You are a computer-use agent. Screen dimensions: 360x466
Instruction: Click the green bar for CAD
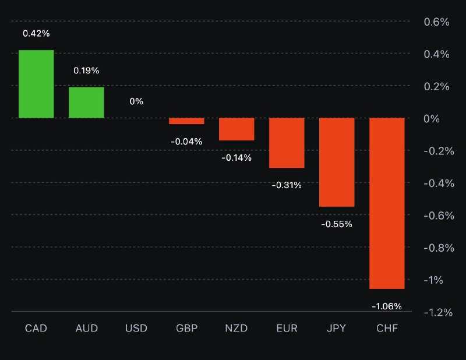[x=36, y=84]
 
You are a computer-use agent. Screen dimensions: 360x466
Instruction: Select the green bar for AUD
[x=86, y=103]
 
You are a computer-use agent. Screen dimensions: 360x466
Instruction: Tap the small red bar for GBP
[x=186, y=121]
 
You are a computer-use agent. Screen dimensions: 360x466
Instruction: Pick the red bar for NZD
[x=236, y=129]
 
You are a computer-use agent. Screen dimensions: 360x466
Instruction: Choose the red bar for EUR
[x=287, y=143]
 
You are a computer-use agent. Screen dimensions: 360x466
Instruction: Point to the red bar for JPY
[x=337, y=162]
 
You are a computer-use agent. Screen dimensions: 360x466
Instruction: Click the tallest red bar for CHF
[x=387, y=203]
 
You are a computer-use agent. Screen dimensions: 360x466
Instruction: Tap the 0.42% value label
[x=36, y=33]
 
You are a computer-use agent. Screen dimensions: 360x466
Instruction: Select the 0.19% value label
[x=86, y=70]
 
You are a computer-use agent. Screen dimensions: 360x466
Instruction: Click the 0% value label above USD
[x=136, y=101]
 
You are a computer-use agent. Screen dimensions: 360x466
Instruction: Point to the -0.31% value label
[x=287, y=185]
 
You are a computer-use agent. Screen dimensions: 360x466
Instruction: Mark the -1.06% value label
[x=387, y=306]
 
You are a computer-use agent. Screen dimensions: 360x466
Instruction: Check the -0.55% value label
[x=337, y=224]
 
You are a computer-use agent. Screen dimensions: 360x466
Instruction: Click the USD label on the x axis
[x=136, y=329]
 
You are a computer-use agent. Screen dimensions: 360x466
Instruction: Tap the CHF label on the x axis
[x=387, y=329]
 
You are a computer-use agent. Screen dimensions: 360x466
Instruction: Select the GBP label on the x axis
[x=186, y=329]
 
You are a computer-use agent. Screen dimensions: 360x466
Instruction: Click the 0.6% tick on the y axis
[x=436, y=22]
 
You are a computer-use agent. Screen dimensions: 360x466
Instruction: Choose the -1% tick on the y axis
[x=438, y=280]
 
